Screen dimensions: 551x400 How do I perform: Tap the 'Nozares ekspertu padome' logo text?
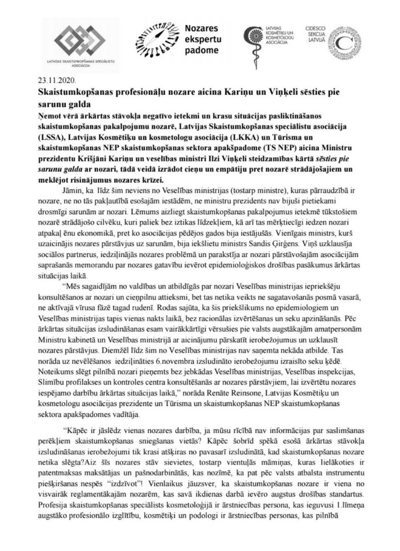200,40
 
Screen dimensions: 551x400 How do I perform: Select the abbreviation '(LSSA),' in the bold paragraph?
54,140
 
